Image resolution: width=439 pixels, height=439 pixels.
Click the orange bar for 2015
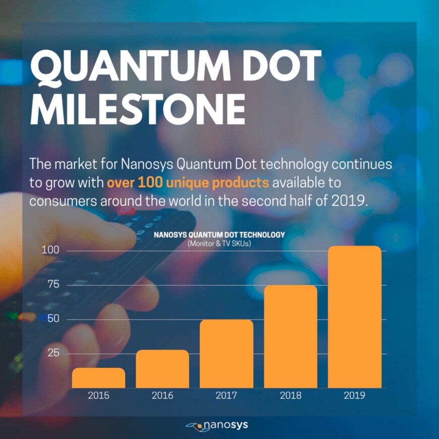coord(98,378)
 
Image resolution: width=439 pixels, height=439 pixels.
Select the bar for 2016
coord(162,369)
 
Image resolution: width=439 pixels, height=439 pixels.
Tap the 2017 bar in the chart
coord(227,354)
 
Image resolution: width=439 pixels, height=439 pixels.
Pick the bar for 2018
coord(291,337)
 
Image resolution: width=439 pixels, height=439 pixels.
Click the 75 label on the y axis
coord(53,285)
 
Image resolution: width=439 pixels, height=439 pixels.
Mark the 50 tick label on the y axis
coord(53,319)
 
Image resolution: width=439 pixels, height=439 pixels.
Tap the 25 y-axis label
coord(53,353)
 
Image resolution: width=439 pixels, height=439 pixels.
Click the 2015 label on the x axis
coord(98,396)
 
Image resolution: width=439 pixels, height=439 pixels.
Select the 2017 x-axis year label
coord(227,396)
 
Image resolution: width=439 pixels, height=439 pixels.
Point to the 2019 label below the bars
coord(355,396)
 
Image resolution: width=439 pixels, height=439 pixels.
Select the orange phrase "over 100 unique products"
coord(188,182)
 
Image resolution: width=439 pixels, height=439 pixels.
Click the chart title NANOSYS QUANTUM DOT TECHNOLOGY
coord(219,235)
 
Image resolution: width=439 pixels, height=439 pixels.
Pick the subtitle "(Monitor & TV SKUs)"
coord(219,244)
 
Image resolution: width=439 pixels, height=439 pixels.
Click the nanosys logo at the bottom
coord(217,425)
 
